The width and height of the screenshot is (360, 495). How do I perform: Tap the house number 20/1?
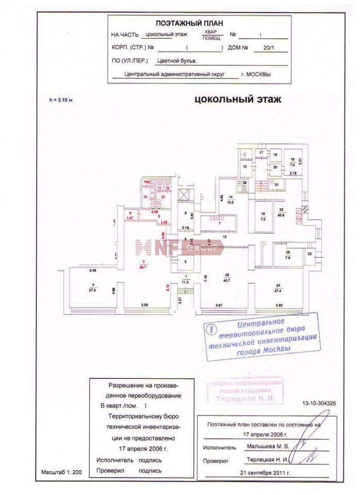point(269,48)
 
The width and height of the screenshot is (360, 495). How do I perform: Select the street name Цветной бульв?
point(177,60)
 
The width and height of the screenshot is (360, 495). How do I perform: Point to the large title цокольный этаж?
point(238,100)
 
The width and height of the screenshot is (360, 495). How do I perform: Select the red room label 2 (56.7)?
point(144,265)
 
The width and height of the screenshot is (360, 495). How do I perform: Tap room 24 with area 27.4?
point(277,288)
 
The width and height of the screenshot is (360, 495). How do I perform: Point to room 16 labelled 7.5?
point(263,217)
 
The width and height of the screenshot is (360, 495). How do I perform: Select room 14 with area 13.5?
point(231,200)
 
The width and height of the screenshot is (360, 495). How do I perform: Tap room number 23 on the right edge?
point(309,254)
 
